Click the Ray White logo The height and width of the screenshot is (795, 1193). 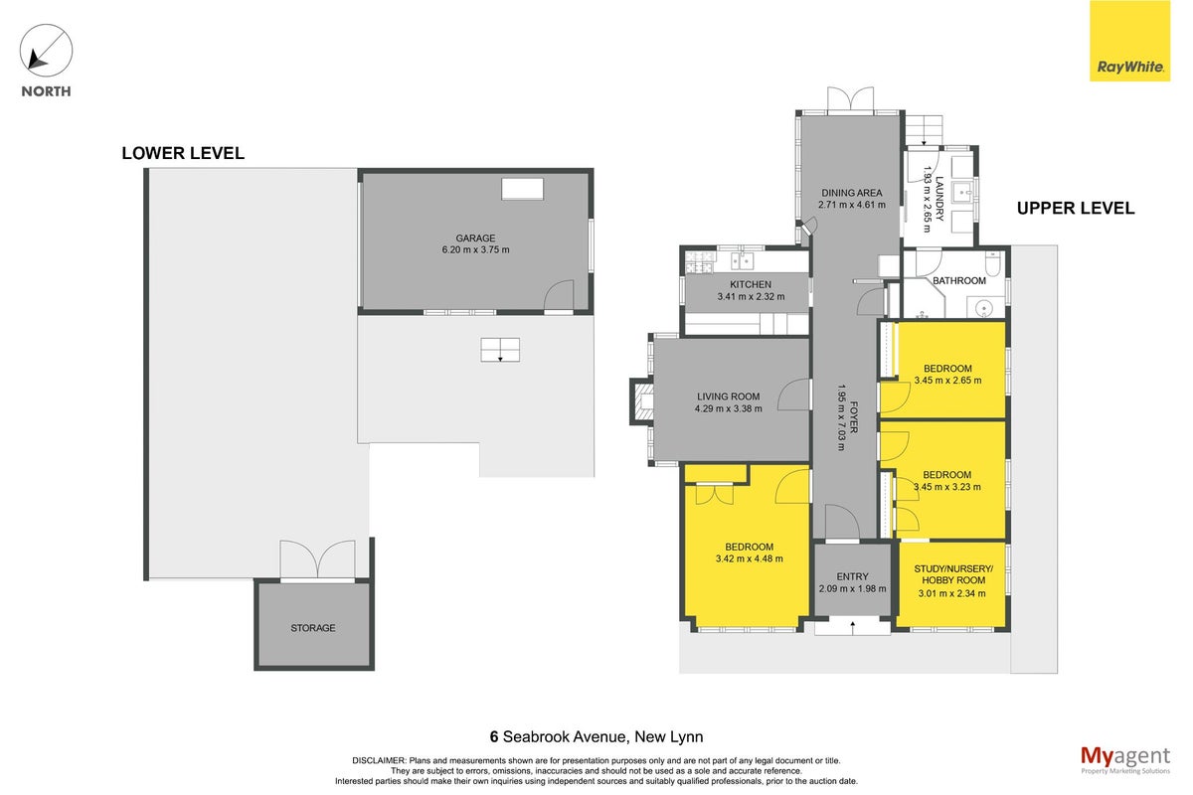(x=1129, y=41)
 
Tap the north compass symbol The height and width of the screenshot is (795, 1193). (x=46, y=51)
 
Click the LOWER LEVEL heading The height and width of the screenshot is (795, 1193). (x=183, y=153)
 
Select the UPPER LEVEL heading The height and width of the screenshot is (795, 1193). (x=1076, y=209)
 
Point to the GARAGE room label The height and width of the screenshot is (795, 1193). (x=475, y=238)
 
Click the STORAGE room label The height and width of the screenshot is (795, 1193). (x=313, y=628)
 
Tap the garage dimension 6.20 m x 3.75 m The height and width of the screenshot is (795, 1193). (x=475, y=249)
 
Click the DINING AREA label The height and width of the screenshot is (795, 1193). (x=852, y=193)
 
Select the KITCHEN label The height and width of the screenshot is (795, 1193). (x=751, y=284)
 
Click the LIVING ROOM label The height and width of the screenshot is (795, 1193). (x=728, y=397)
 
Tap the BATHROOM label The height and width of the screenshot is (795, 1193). (x=959, y=280)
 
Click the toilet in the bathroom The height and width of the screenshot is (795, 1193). (x=993, y=262)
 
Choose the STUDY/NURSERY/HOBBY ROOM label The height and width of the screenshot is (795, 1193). (x=953, y=574)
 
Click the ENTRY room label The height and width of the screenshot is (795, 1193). (x=852, y=576)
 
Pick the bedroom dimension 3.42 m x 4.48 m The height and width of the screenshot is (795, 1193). (x=750, y=558)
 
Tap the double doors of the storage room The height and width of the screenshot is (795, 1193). (x=317, y=560)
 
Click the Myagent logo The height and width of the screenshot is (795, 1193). (x=1125, y=760)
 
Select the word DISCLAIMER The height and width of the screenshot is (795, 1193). (x=379, y=760)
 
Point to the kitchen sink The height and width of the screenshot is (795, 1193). (x=742, y=261)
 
